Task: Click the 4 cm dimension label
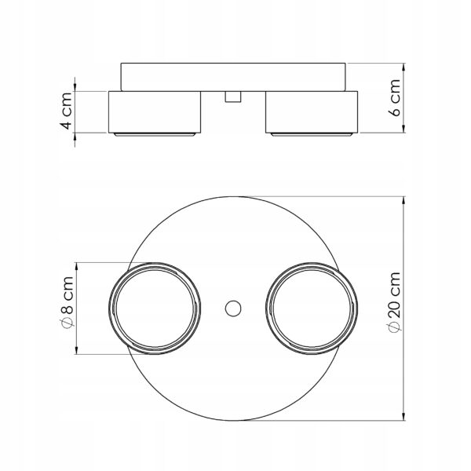[68, 111]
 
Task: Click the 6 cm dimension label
[395, 97]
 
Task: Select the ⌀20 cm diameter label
[394, 302]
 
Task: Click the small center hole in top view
[233, 309]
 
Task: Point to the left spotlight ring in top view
[109, 309]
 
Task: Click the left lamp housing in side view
[155, 112]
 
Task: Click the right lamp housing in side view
[312, 112]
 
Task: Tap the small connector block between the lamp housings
[233, 97]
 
